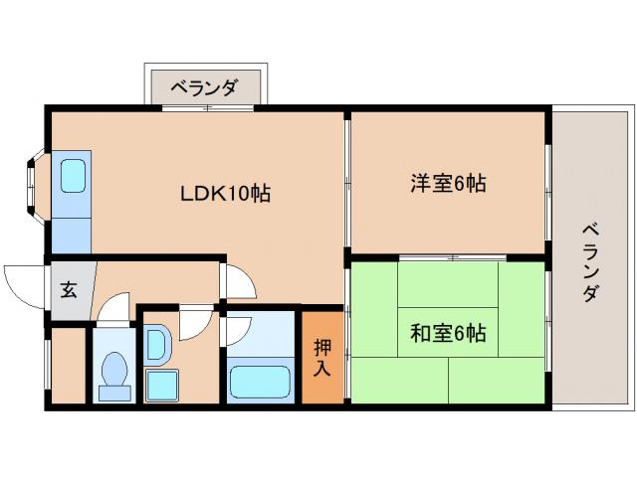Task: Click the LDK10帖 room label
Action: (225, 192)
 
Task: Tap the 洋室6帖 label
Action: (448, 183)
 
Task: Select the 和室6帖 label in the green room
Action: (448, 332)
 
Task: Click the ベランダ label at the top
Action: (204, 88)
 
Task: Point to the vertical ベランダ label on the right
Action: (590, 262)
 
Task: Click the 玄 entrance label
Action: (69, 291)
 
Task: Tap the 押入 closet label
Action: (322, 359)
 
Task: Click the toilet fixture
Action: (114, 373)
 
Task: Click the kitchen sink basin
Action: (73, 177)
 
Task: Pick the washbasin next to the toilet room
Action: (157, 343)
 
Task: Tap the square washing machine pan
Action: (160, 385)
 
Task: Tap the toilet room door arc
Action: (113, 307)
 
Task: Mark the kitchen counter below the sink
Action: (71, 228)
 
